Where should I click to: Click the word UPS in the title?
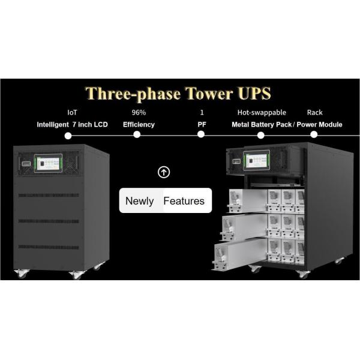tap(254, 94)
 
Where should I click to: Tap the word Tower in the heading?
tap(209, 94)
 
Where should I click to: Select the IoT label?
tap(73, 113)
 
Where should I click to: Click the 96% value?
tap(139, 113)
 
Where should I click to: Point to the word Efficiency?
tap(139, 125)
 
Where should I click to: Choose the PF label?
tap(202, 125)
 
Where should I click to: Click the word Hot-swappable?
tap(262, 113)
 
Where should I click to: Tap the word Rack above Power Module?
tap(315, 113)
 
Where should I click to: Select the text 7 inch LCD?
tap(90, 125)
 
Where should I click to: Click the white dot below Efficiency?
tap(137, 134)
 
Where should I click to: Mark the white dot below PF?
tap(201, 134)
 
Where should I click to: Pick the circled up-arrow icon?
tap(164, 172)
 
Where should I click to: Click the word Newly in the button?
tap(140, 201)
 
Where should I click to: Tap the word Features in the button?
tap(184, 201)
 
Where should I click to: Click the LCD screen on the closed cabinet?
tap(48, 163)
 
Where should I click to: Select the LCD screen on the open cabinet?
tap(256, 160)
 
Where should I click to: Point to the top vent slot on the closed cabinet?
tap(49, 196)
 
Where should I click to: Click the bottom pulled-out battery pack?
tap(240, 254)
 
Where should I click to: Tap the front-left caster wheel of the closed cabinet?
tap(22, 274)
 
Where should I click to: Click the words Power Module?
tap(319, 125)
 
